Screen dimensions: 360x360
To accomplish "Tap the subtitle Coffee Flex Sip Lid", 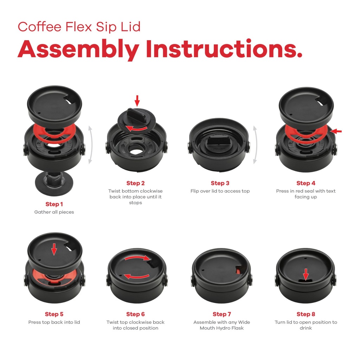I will tap(79, 27).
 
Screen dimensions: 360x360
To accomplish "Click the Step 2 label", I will tap(135, 183).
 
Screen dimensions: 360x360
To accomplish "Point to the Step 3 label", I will tap(220, 183).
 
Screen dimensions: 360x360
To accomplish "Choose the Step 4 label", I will tap(306, 183).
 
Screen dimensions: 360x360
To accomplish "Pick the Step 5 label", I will tap(54, 314).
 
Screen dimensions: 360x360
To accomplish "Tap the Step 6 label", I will tap(135, 314).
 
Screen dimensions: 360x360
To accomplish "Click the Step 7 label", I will tap(222, 314).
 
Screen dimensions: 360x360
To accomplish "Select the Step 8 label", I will tap(306, 314).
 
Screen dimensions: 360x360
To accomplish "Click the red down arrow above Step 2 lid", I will tap(137, 101).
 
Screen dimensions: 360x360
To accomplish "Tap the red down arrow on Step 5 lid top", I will tap(54, 250).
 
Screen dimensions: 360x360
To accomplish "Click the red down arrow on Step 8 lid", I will tap(306, 274).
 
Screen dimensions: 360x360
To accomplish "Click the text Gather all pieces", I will tap(54, 212).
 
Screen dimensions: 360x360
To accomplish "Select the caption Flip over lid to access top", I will tap(220, 191).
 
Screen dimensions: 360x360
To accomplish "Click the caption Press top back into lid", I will tap(54, 322).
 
